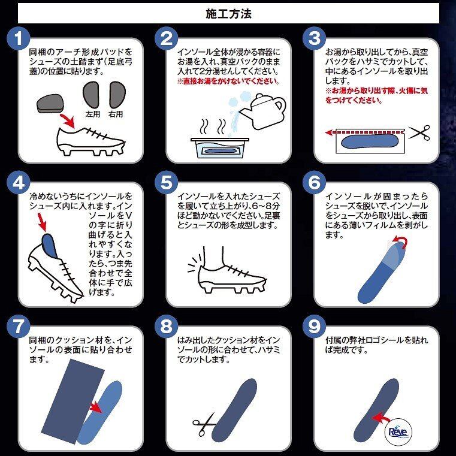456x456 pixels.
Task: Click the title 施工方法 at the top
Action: click(228, 14)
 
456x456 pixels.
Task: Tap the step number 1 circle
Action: click(19, 38)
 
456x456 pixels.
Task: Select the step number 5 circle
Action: click(167, 183)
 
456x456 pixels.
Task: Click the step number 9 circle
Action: click(315, 327)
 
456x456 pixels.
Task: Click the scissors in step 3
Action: click(419, 133)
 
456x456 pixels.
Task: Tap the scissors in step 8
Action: click(204, 424)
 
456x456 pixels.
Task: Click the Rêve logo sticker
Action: click(398, 432)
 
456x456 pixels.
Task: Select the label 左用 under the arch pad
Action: click(93, 114)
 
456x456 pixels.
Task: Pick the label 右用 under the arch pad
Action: click(116, 114)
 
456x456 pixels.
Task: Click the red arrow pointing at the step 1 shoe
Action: click(68, 121)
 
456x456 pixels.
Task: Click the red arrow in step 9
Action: click(381, 418)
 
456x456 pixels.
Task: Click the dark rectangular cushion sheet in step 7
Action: click(73, 401)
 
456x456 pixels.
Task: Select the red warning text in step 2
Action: click(228, 81)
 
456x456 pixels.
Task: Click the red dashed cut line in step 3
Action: click(366, 132)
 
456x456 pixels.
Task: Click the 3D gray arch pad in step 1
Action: click(50, 102)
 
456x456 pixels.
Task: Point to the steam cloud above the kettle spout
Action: click(238, 101)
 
